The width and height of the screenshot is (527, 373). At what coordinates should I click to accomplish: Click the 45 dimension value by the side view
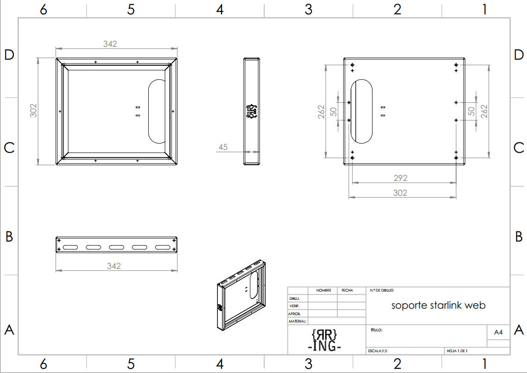coord(223,147)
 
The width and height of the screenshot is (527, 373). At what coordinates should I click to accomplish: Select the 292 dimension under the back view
coord(400,178)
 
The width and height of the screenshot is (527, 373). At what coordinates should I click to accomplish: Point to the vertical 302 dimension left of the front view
coord(33,110)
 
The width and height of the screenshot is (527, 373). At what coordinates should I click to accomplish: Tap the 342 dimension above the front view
coord(110,44)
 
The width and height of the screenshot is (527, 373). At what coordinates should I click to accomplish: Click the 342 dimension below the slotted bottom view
coord(114,266)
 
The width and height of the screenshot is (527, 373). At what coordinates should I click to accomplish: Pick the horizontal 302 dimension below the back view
coord(400,193)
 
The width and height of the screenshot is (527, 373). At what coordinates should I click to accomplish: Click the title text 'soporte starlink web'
coord(438,305)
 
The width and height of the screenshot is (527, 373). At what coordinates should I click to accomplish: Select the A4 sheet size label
coord(498,332)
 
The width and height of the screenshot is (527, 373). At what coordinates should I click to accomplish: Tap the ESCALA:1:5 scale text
coord(377,351)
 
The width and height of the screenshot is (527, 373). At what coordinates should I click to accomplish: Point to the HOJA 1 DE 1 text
coord(457,351)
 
